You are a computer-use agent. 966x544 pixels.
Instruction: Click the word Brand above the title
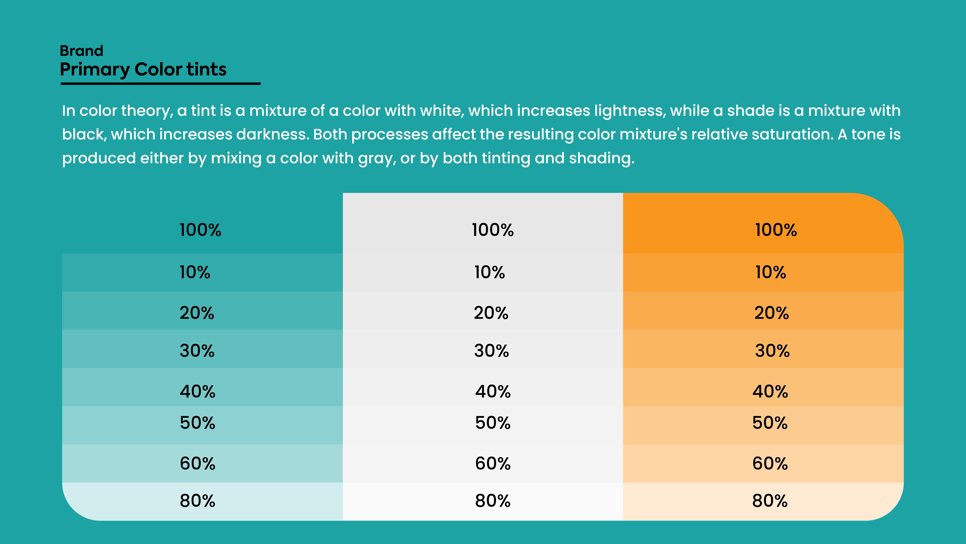click(81, 51)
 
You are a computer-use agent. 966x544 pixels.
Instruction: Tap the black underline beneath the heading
click(160, 83)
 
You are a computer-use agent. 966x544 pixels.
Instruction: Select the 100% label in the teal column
click(200, 230)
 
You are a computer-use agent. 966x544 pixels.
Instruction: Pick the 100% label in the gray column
click(492, 230)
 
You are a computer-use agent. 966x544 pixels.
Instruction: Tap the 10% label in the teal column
click(195, 272)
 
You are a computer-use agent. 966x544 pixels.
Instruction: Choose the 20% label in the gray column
click(491, 313)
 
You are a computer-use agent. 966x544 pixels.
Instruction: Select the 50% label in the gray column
click(493, 423)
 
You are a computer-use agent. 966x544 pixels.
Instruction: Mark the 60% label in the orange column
click(770, 463)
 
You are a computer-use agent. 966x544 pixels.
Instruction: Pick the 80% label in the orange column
click(770, 501)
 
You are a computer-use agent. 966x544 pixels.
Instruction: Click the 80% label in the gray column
click(493, 501)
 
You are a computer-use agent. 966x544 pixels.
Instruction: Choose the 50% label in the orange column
click(770, 423)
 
